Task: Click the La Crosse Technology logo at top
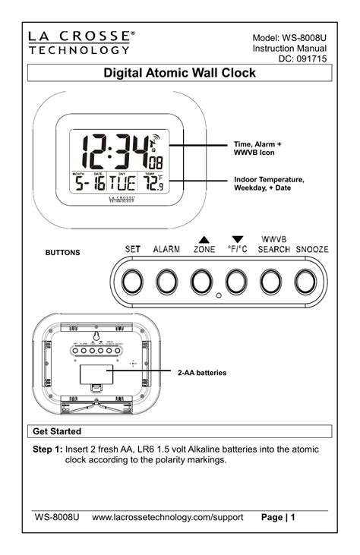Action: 83,43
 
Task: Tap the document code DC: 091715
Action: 308,59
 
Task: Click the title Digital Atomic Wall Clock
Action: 179,74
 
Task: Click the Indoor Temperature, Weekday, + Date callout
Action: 269,183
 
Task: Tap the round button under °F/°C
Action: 236,281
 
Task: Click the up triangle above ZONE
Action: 204,238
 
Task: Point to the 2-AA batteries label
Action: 203,374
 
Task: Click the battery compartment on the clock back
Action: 96,374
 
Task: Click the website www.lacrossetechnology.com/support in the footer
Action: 167,517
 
